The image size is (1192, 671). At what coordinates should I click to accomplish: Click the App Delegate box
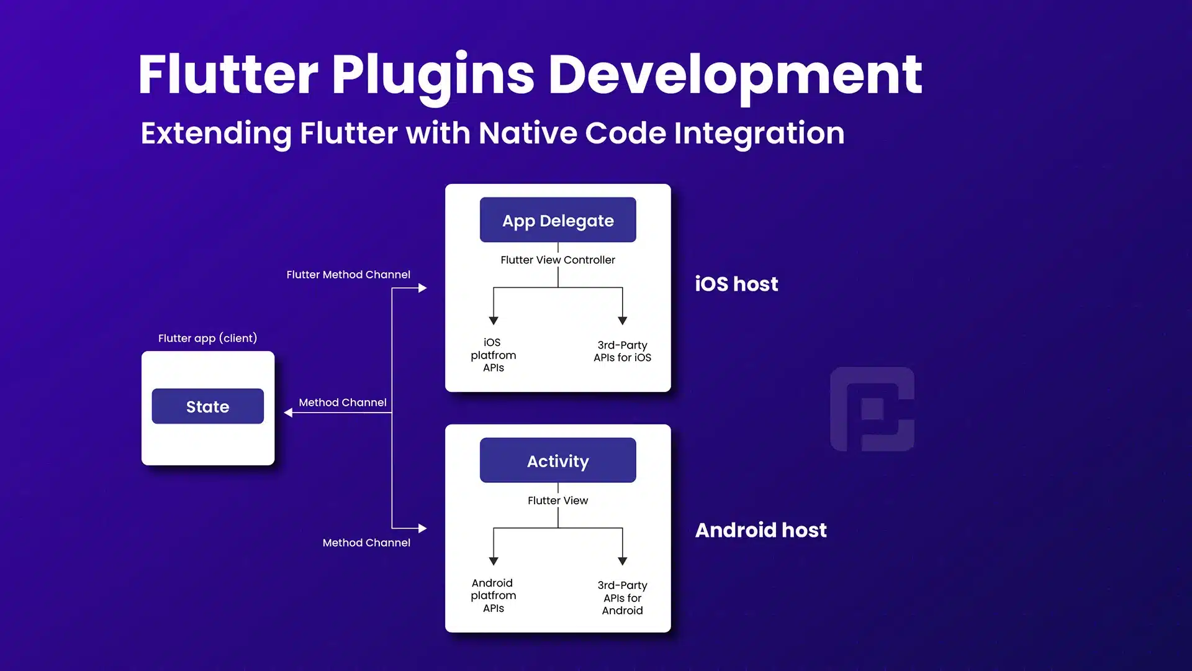pos(558,220)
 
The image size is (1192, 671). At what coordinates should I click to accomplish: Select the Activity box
pos(558,460)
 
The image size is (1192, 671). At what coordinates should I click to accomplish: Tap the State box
pos(208,406)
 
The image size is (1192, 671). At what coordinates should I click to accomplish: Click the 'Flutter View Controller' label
pos(558,260)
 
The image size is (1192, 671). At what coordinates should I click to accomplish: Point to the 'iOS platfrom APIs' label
pos(493,355)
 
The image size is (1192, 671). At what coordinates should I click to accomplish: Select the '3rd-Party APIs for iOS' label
pos(622,351)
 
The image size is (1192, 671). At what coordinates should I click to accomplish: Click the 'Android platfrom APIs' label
pos(493,595)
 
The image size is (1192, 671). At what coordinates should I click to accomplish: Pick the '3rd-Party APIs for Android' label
pos(622,598)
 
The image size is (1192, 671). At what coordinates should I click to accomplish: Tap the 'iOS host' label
pos(736,284)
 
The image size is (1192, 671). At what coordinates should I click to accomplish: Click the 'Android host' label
pos(761,530)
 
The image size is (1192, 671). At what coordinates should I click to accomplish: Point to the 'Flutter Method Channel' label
pos(348,275)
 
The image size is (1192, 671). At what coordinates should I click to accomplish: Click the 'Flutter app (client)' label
pos(207,338)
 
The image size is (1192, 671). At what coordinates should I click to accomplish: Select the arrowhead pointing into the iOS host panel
pos(423,288)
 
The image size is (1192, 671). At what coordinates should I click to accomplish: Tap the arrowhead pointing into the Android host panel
pos(423,528)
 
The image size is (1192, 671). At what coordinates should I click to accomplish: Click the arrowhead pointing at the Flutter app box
pos(288,413)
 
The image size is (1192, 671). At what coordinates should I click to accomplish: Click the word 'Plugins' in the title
pos(433,76)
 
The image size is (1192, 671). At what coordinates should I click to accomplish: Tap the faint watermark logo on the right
pos(872,409)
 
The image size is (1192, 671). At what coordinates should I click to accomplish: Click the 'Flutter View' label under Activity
pos(558,500)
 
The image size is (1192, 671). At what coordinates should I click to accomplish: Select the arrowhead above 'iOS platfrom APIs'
pos(494,321)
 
